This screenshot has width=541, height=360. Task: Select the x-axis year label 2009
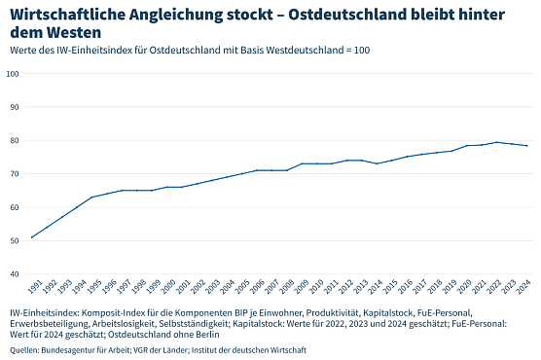[303, 286]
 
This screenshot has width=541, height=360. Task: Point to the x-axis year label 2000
[168, 286]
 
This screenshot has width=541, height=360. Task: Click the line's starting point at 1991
[32, 237]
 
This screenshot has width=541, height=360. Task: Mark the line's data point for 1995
[92, 198]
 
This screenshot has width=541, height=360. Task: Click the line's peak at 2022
[497, 142]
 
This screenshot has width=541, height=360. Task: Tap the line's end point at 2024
[527, 146]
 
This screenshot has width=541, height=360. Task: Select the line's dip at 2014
[378, 163]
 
